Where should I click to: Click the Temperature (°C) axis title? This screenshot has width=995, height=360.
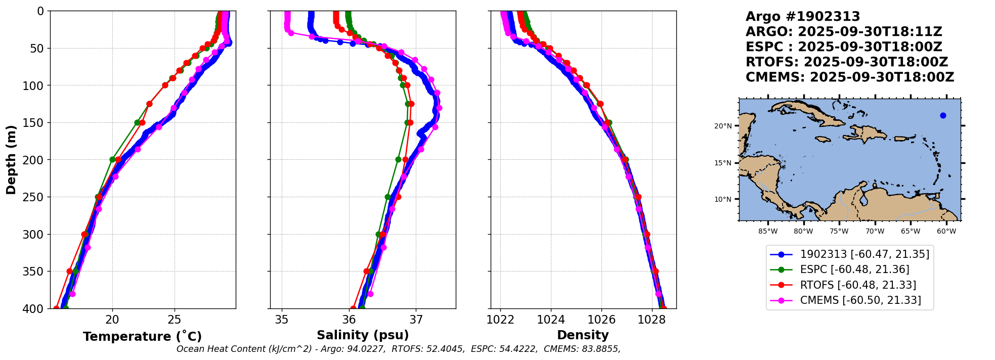pyautogui.click(x=142, y=336)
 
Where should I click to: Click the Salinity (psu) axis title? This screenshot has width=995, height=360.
pyautogui.click(x=363, y=335)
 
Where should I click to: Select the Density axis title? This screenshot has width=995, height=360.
pyautogui.click(x=583, y=335)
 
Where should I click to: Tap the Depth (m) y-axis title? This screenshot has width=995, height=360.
pyautogui.click(x=11, y=159)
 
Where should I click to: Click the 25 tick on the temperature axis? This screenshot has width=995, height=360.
pyautogui.click(x=175, y=320)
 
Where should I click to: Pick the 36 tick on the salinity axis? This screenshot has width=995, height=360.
pyautogui.click(x=349, y=320)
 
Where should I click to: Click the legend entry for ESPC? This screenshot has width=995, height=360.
pyautogui.click(x=854, y=269)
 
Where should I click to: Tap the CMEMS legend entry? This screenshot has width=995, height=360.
pyautogui.click(x=860, y=300)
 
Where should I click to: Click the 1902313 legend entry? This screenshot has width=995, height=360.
pyautogui.click(x=864, y=254)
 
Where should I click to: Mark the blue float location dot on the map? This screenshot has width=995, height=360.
pyautogui.click(x=943, y=115)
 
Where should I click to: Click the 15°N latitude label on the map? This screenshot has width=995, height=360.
pyautogui.click(x=723, y=163)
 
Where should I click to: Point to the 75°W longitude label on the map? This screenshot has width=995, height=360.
pyautogui.click(x=839, y=232)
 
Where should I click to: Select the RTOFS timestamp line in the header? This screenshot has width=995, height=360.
pyautogui.click(x=846, y=62)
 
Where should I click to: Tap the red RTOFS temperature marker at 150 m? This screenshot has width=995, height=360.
pyautogui.click(x=142, y=122)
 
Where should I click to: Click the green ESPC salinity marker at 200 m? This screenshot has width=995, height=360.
pyautogui.click(x=398, y=159)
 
